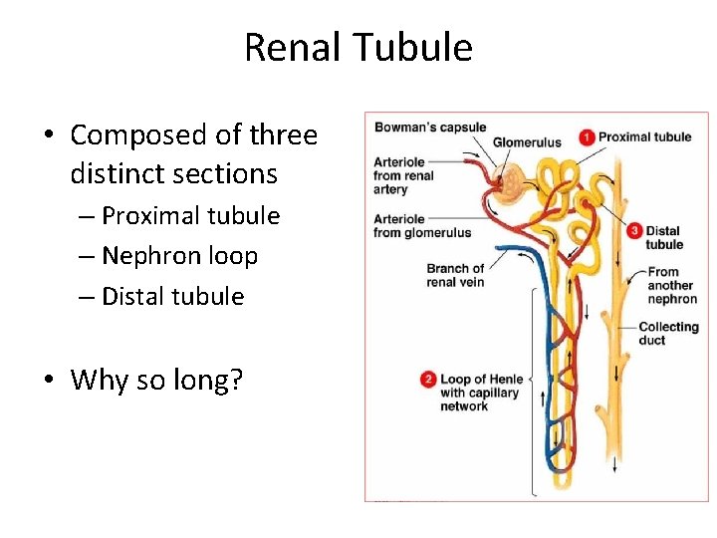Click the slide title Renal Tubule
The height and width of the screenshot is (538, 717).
coord(358,47)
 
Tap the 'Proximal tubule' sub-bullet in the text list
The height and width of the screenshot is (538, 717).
coord(190,215)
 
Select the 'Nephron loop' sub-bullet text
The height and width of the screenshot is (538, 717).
coord(179,256)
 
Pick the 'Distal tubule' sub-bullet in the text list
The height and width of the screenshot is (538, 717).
coord(172,296)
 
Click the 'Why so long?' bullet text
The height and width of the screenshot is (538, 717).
coord(157,380)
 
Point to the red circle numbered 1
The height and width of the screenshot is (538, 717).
coord(588,136)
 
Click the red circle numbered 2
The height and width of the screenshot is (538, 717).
coord(428,380)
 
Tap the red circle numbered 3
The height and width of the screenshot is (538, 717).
coord(635,231)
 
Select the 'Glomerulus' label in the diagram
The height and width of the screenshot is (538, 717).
coord(527,142)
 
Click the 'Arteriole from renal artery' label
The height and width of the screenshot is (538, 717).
coord(404,175)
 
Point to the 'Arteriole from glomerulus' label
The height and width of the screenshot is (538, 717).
coord(422,226)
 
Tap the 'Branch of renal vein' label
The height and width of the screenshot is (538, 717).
coord(455,275)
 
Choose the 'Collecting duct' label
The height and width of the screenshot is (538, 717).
coord(668,333)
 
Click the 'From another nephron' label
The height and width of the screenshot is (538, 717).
coord(671,285)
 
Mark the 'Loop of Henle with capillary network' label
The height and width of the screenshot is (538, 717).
coord(480,393)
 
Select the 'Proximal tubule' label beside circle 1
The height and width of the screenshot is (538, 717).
coord(644,136)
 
